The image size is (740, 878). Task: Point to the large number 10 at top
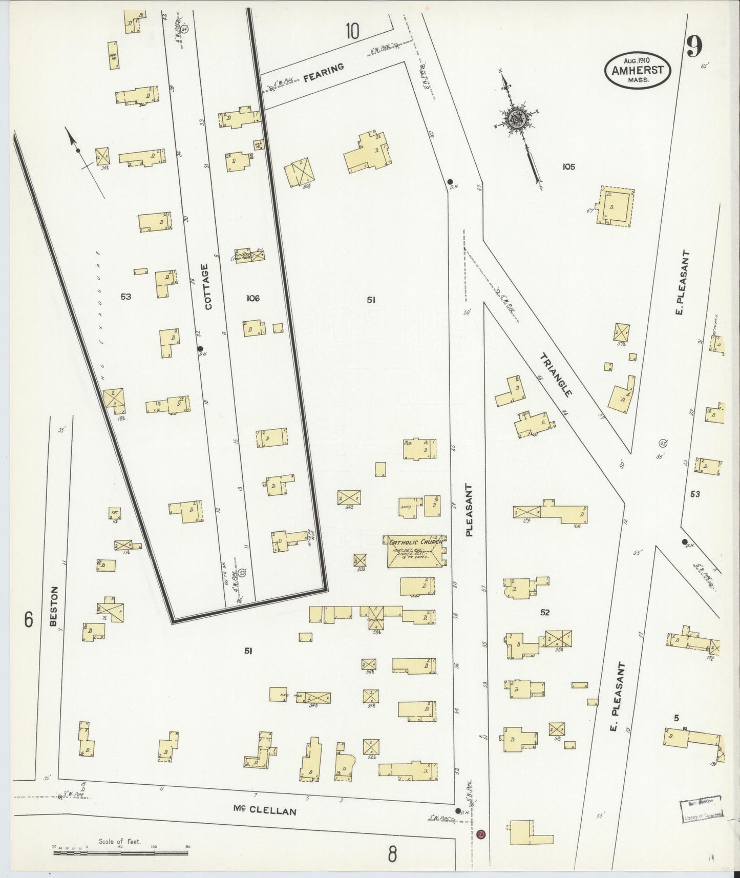[x=352, y=31]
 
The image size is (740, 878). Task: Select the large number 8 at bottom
[x=392, y=854]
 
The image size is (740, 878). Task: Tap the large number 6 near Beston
[x=29, y=620]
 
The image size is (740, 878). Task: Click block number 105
[x=568, y=166]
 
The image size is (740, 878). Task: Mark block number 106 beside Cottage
[x=252, y=298]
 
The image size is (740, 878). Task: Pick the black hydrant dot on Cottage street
[x=200, y=349]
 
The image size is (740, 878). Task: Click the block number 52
[x=544, y=612]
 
